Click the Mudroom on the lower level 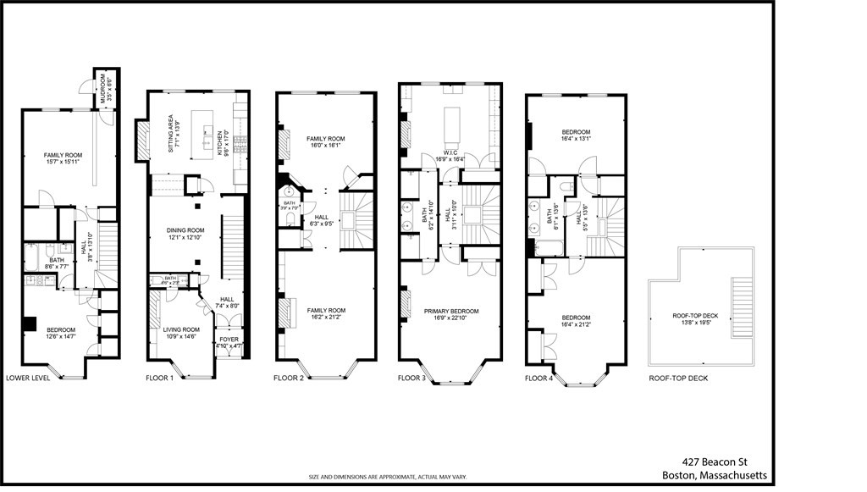coord(102,88)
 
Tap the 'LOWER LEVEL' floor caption coord(28,378)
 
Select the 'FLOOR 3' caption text coord(414,378)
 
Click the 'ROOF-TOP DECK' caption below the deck coord(677,378)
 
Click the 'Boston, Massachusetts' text coord(714,476)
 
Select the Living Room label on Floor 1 coord(180,333)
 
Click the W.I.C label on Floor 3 coord(445,154)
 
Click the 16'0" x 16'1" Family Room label coord(326,141)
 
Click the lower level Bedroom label coord(60,334)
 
